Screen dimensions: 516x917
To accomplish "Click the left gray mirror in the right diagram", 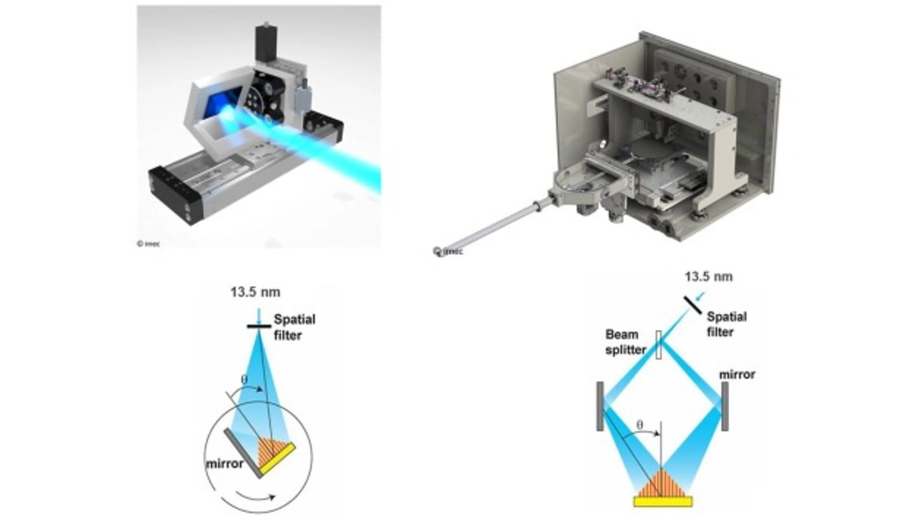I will click(x=600, y=406).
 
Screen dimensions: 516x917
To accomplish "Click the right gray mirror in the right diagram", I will click(x=725, y=406).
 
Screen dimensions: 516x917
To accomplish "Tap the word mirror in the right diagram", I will click(x=737, y=374).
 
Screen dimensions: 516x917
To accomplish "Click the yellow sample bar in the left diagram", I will click(x=277, y=459).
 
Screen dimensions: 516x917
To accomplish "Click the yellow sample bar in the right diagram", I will click(x=663, y=502).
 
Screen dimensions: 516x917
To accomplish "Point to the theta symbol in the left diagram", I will click(x=244, y=379).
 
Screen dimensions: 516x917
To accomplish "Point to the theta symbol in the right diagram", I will click(x=641, y=424).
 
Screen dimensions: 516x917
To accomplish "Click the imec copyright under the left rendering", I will click(x=150, y=243).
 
